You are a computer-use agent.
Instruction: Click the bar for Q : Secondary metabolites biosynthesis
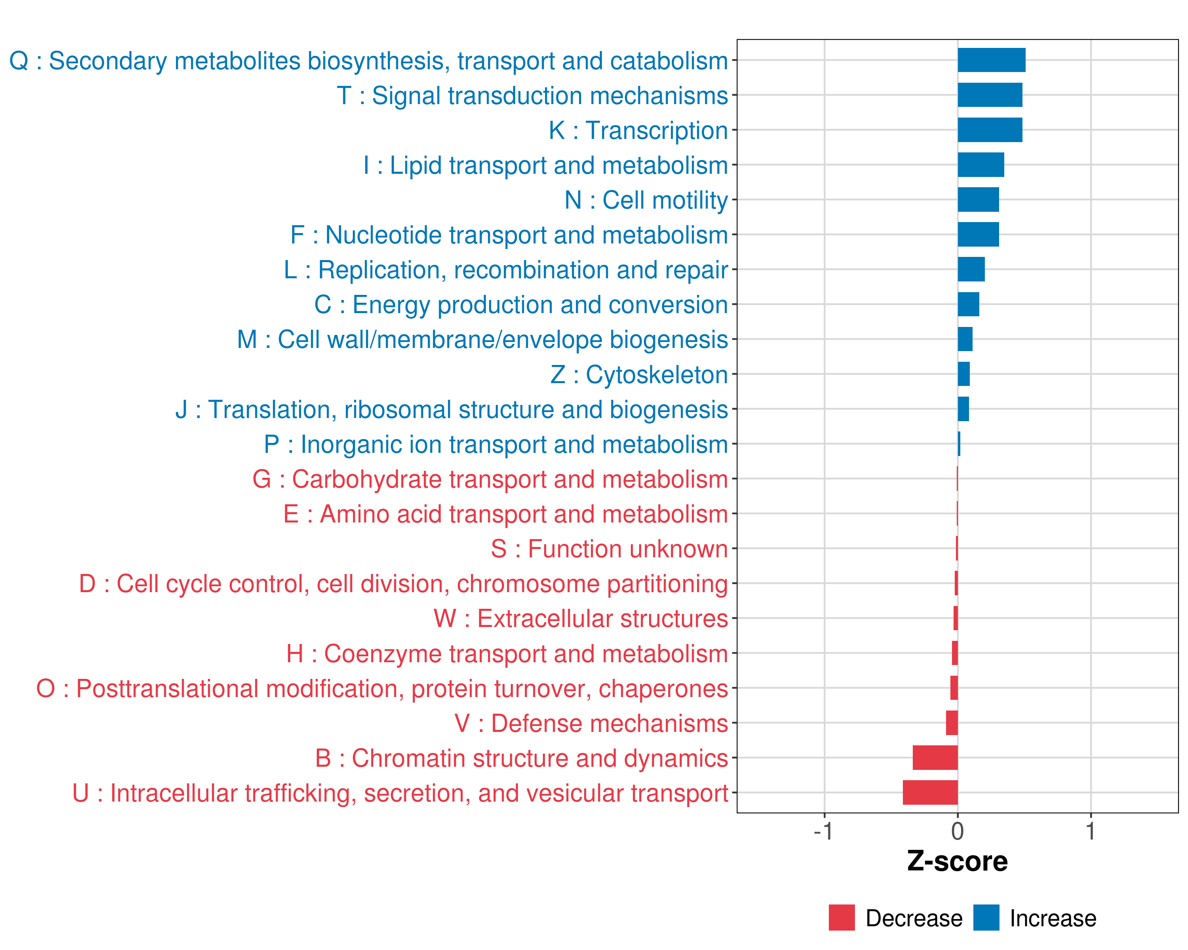991,60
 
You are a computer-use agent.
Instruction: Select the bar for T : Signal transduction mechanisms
990,95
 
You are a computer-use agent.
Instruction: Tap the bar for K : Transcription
990,130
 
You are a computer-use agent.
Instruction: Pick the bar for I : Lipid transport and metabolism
981,165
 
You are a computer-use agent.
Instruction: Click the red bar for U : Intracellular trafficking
930,792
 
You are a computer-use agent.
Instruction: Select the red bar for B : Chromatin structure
935,757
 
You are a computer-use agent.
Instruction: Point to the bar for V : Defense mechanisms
952,722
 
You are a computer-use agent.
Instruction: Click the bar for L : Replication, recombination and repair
971,269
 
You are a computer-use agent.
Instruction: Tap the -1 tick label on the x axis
823,831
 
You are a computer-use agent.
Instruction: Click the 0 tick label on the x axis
958,831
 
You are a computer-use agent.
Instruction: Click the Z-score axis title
958,861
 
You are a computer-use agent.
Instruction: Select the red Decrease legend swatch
841,918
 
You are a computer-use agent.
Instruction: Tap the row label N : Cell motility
646,200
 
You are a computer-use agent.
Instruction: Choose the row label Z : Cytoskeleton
639,374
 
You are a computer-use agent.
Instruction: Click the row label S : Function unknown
609,549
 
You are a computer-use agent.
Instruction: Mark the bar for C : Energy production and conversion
968,304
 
